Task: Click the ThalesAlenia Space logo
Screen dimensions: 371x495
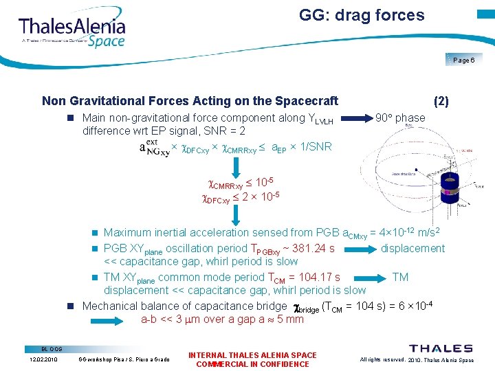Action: pos(72,30)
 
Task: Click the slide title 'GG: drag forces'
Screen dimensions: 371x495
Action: pos(362,15)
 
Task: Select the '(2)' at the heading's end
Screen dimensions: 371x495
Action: pos(441,101)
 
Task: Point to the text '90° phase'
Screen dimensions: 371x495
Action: pos(401,117)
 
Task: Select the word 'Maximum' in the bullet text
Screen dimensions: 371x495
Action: pos(126,233)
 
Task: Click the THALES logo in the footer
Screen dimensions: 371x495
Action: pos(441,349)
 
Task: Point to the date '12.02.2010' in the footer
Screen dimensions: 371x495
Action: pos(43,359)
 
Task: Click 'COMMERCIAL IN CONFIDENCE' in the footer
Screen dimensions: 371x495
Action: pos(252,364)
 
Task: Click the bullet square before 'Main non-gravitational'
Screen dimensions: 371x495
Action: pos(70,118)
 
